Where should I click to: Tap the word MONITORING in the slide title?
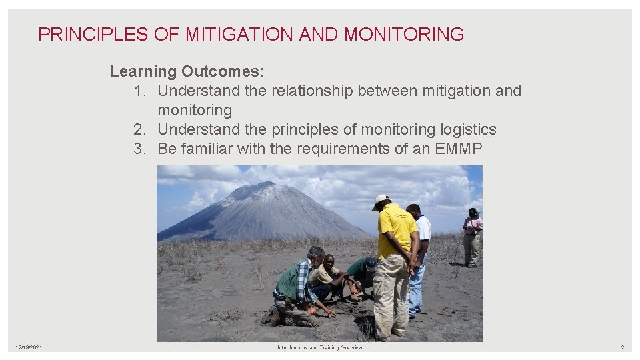[404, 35]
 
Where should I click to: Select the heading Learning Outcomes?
[187, 71]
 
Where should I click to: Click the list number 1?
[139, 91]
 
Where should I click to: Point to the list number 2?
[139, 129]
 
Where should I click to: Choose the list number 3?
[139, 149]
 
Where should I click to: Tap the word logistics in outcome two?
[467, 129]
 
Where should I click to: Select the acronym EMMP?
[458, 149]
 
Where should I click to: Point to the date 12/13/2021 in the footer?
[29, 348]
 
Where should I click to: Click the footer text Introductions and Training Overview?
[320, 348]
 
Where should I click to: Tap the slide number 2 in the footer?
[622, 348]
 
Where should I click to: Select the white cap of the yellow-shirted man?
[381, 199]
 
